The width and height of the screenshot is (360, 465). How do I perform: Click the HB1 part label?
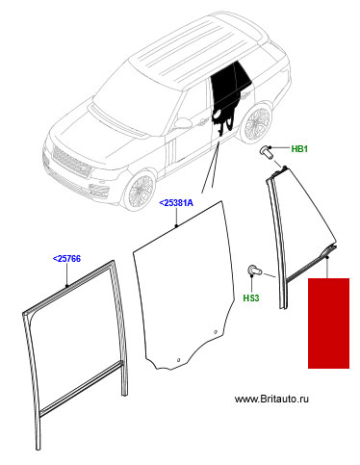point(299,149)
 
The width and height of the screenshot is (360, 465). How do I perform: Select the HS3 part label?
point(251,298)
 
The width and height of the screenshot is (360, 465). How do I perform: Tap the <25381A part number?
point(176,203)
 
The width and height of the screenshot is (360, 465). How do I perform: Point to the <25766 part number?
point(66,258)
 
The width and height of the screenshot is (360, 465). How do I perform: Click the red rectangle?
point(328,323)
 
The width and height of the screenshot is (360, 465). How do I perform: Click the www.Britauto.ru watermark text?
point(271,399)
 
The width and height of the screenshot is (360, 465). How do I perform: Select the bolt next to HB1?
point(266,152)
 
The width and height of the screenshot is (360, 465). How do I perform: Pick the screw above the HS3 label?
point(254,271)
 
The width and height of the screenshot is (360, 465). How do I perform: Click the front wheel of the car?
point(141,190)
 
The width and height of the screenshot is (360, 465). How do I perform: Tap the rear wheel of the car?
point(256,123)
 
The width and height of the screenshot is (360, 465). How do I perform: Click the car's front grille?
point(71,162)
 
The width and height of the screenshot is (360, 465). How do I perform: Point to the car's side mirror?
point(182,123)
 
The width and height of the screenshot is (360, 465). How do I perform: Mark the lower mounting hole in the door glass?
point(179,359)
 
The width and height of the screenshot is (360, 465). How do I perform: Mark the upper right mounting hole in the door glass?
point(216,332)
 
